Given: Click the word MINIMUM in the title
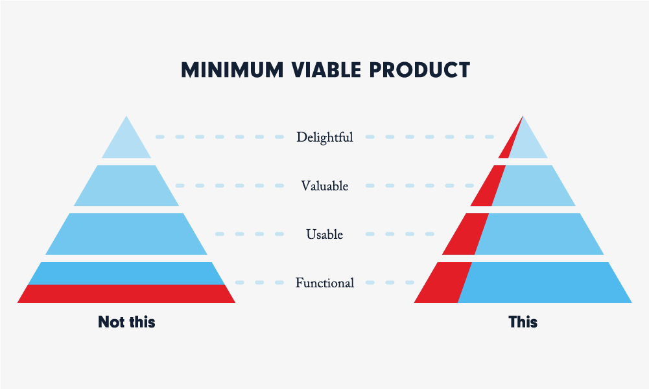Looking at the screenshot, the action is [x=232, y=70].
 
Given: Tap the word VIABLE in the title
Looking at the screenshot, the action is [x=326, y=70].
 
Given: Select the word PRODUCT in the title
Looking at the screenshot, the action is [x=419, y=70].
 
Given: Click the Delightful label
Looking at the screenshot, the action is [x=324, y=137].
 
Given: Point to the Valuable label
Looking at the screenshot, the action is [x=324, y=186].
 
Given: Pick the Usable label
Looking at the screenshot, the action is [x=324, y=234].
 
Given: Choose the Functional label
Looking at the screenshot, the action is [x=324, y=283].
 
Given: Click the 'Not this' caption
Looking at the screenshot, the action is [x=126, y=322].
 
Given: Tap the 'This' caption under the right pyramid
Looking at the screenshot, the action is [x=523, y=322].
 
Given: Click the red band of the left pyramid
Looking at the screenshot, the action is [x=126, y=294].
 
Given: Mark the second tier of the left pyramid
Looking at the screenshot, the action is [x=126, y=186].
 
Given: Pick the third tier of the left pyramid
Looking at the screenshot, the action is [x=126, y=234].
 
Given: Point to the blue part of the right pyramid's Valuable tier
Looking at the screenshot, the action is [x=534, y=186].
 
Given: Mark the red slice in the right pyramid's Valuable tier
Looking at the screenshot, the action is [x=489, y=186].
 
